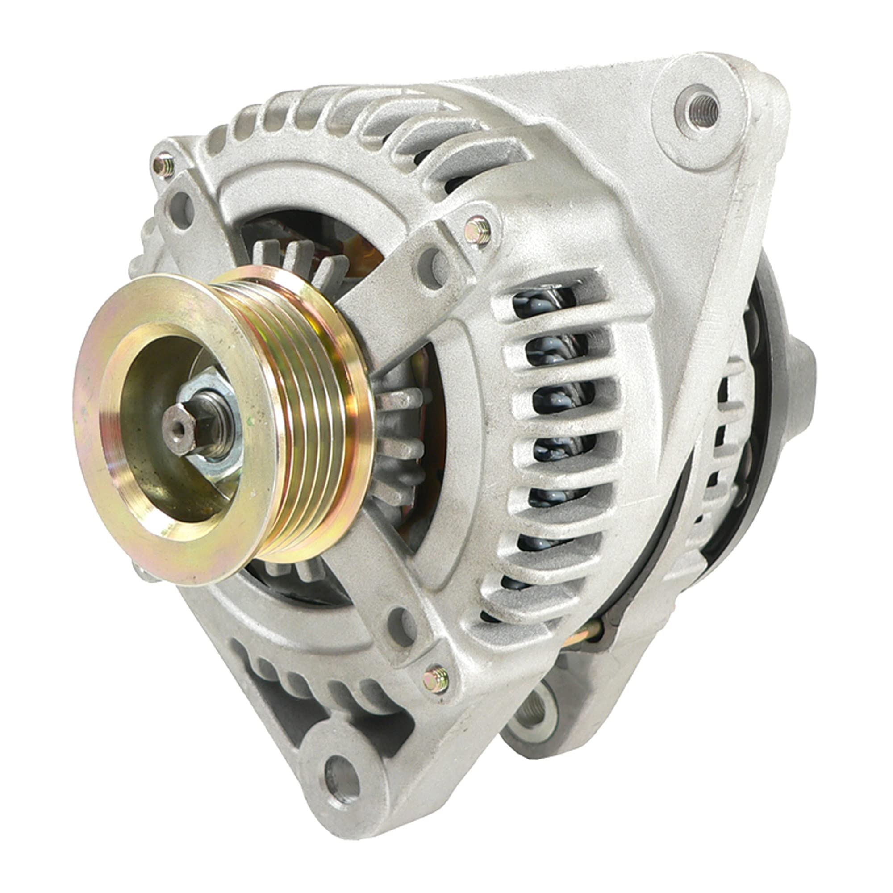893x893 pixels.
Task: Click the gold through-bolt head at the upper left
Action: click(x=163, y=166)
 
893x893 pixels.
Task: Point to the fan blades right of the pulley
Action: click(x=397, y=444)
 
